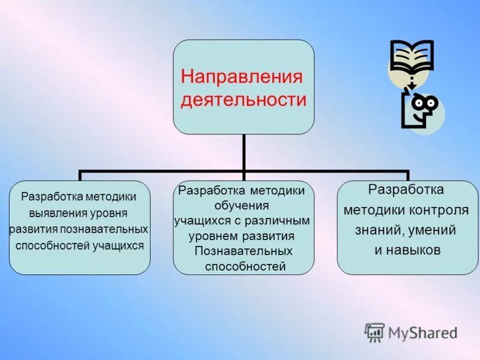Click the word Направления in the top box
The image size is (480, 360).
pos(241,77)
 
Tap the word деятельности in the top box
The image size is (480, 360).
pos(244,100)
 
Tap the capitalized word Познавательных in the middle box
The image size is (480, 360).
pos(244,251)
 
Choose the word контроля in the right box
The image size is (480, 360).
pos(430,210)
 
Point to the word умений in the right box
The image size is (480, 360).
pos(430,230)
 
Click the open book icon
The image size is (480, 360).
pos(411,60)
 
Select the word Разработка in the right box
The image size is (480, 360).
pos(406,190)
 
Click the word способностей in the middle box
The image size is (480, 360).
pos(245,266)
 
